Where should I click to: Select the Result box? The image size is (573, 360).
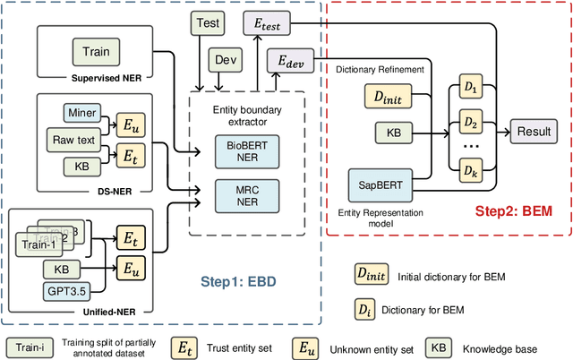tap(534, 132)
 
